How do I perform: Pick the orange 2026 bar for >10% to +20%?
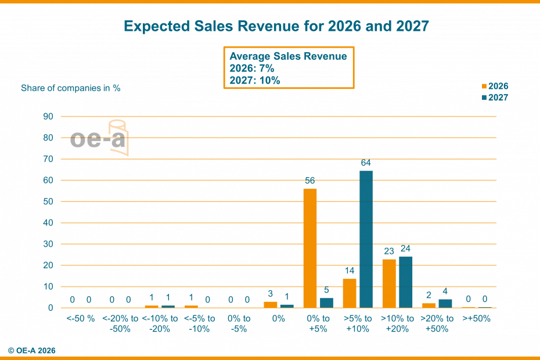tap(389, 283)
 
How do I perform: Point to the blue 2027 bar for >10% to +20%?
tap(406, 282)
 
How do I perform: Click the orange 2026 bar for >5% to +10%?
tap(350, 293)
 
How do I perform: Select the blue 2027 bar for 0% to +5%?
tap(327, 303)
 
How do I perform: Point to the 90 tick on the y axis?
tap(48, 117)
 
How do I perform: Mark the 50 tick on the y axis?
tap(48, 201)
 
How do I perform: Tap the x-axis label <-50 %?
tap(80, 318)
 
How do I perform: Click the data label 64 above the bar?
tap(366, 163)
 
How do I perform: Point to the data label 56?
tap(310, 181)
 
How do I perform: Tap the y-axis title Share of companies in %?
tap(71, 88)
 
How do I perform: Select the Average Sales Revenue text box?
tap(289, 68)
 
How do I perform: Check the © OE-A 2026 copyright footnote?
tap(32, 350)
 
